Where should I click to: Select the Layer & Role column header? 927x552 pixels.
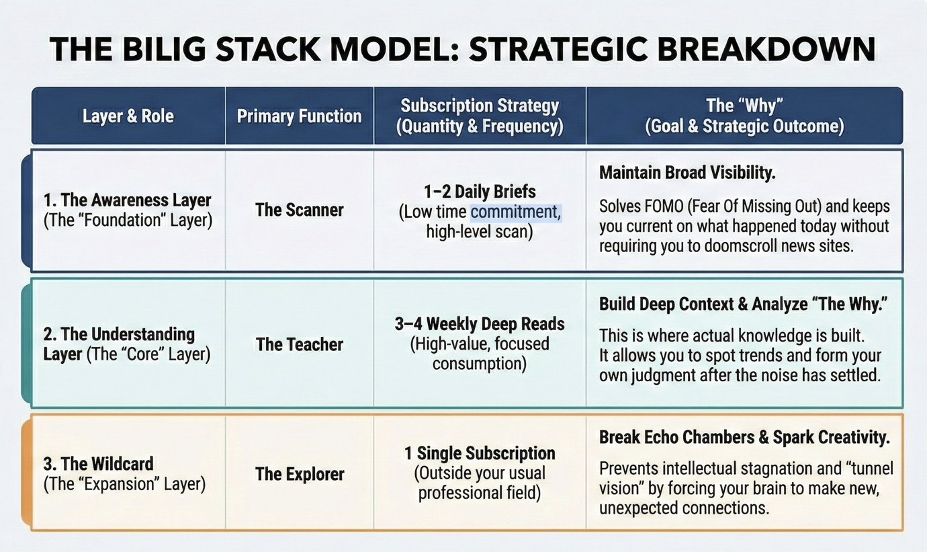[x=128, y=116]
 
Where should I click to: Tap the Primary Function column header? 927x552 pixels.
[x=299, y=116]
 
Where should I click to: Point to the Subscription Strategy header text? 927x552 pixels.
[x=480, y=106]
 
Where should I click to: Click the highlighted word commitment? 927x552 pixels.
[x=516, y=212]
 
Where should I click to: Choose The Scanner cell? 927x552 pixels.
[x=299, y=210]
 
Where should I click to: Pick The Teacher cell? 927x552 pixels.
[x=299, y=345]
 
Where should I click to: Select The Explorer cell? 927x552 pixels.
[x=299, y=474]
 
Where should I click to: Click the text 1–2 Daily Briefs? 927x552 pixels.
[x=480, y=191]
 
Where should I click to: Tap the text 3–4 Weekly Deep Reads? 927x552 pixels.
[x=480, y=323]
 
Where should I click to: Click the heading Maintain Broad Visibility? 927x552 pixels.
[x=687, y=173]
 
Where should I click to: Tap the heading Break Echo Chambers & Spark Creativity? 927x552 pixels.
[x=744, y=438]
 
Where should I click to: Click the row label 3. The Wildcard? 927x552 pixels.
[x=98, y=464]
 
